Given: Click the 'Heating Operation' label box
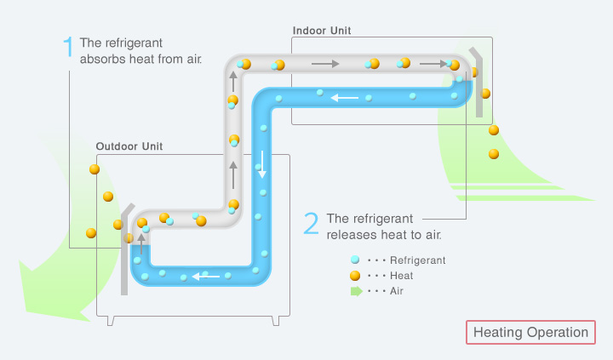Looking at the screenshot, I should point(530,332).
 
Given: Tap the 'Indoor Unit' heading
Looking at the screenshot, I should point(322,31).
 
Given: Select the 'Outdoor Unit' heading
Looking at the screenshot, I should point(129,146).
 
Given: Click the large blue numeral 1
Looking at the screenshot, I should point(68,48).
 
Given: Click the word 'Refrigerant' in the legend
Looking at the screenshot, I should point(417,260).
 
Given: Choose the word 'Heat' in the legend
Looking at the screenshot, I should point(401,276).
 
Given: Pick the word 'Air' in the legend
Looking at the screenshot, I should point(397,291).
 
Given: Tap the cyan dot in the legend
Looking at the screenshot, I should point(354,260).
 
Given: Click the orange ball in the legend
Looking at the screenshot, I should point(354,276).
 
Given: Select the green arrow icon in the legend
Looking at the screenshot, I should point(355,291).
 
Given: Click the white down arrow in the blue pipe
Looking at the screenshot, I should point(263,164).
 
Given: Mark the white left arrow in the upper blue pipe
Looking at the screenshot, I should point(345,98).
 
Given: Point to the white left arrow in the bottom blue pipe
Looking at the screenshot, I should point(205,276).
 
